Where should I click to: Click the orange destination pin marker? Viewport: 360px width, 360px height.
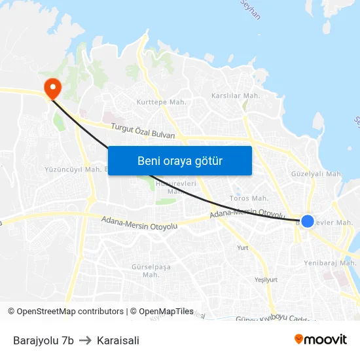click(x=51, y=87)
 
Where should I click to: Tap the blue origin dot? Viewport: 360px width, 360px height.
click(x=307, y=221)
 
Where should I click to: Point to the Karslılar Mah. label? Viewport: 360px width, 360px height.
click(x=236, y=96)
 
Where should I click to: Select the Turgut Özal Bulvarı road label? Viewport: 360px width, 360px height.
click(x=143, y=131)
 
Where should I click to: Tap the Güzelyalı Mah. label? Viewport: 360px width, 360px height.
click(x=317, y=174)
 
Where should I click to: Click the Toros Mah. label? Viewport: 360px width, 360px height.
click(x=249, y=198)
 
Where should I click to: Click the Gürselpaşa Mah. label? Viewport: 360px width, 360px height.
click(x=151, y=271)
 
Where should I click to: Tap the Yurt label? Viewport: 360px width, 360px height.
click(x=243, y=247)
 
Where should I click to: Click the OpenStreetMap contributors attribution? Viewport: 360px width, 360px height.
click(x=70, y=312)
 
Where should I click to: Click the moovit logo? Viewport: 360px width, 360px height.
click(x=321, y=339)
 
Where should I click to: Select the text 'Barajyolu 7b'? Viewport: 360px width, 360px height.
click(x=43, y=340)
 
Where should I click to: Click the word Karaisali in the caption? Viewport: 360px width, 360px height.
click(x=118, y=340)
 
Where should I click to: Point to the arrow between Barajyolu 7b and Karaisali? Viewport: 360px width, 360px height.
click(x=85, y=340)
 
